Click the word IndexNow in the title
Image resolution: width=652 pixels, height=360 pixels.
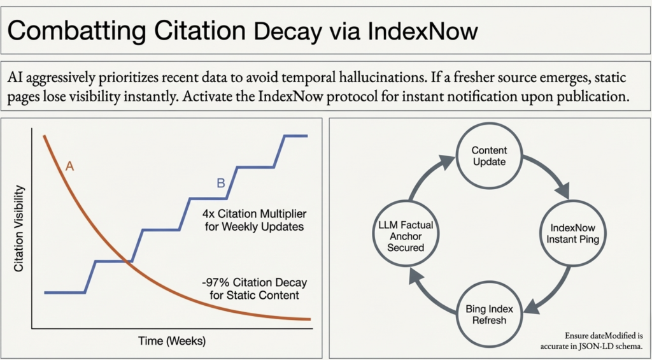(x=423, y=32)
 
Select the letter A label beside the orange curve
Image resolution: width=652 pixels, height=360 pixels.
(x=70, y=167)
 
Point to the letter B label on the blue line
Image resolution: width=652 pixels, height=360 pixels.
(x=221, y=183)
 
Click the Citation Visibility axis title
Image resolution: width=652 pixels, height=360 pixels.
(x=19, y=229)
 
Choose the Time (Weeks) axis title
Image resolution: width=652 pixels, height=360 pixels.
(x=172, y=342)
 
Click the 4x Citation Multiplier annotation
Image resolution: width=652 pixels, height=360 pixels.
(x=255, y=221)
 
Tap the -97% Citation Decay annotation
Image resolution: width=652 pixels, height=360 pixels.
(x=254, y=289)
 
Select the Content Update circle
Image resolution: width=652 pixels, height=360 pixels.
(x=489, y=156)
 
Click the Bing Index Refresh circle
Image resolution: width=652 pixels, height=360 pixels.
(x=489, y=315)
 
